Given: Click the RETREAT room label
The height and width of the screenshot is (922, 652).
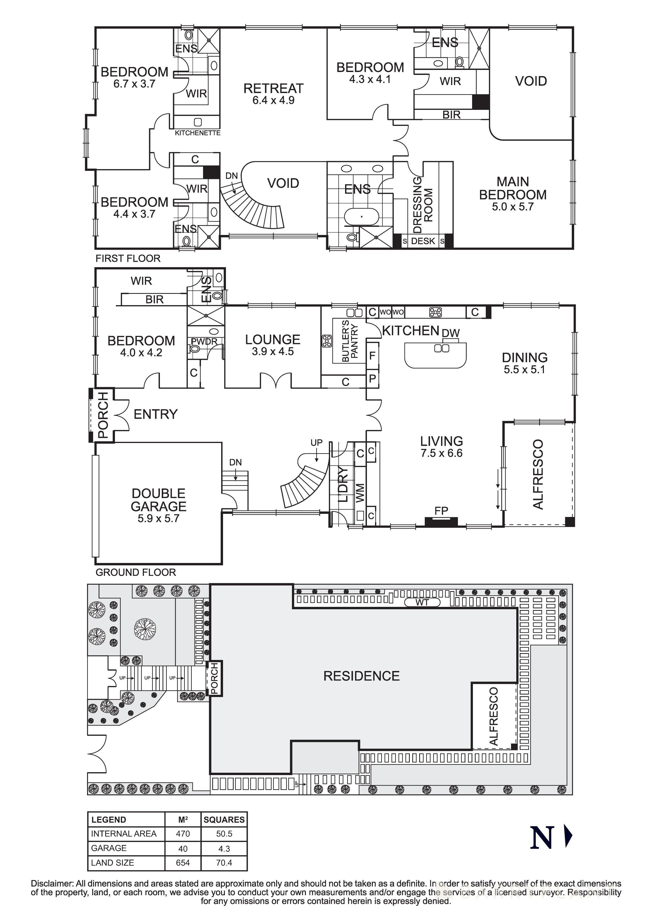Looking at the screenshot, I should point(273,88).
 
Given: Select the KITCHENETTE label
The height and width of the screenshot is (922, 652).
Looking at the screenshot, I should point(197,133).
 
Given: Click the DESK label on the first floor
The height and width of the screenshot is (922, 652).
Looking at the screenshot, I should point(423,241).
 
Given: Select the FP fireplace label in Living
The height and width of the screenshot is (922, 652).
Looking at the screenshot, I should point(441,511).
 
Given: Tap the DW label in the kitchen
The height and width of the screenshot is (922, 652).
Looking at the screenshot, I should point(450,333).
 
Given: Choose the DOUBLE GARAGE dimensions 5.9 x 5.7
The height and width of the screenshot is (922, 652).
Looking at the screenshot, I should point(158,518).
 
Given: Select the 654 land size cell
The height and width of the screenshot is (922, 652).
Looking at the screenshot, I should point(183,863).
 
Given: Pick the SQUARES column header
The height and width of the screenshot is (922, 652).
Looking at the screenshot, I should point(224,819).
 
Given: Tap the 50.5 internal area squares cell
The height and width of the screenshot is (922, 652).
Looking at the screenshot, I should point(224,834).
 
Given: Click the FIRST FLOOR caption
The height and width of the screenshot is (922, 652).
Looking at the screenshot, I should point(128,258).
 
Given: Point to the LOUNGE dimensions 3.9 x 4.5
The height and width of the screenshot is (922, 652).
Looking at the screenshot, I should point(273,351).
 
